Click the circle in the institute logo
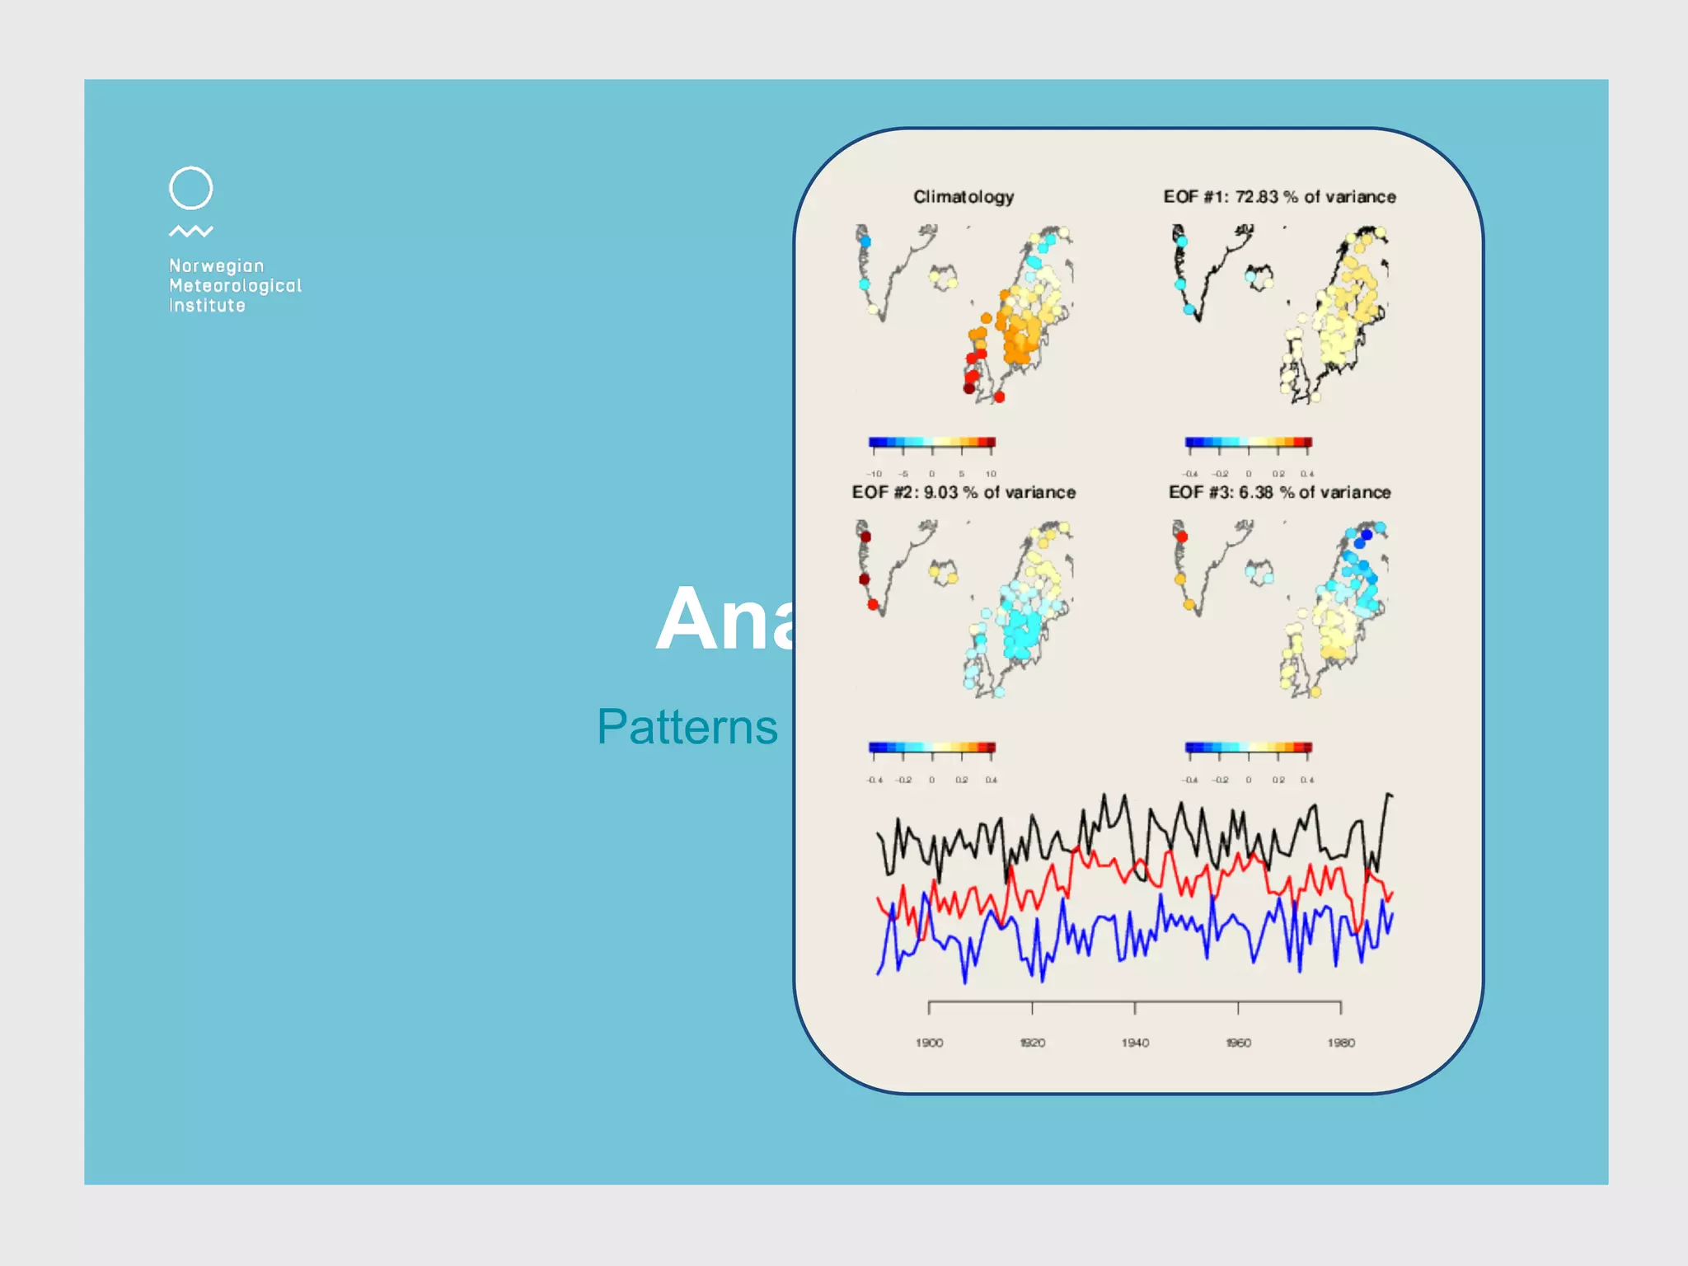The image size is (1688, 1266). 190,188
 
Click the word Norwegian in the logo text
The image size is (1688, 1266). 216,265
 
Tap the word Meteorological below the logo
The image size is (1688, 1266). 235,285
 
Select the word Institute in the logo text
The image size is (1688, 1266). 207,305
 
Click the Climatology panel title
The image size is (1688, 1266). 964,197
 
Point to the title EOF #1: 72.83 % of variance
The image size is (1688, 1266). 1279,197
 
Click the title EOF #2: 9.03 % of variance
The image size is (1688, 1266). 964,492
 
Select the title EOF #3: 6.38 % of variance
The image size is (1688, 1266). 1279,492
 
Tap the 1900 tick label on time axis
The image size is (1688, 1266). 929,1043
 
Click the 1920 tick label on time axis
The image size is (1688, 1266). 1032,1043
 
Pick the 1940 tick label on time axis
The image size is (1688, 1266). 1135,1043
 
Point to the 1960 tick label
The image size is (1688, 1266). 1238,1043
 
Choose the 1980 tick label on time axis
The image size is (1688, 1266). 1341,1043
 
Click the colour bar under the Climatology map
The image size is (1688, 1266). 932,443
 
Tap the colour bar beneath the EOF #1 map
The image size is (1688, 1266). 1248,443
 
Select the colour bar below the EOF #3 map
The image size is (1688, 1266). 1248,748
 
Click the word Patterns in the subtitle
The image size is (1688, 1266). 687,727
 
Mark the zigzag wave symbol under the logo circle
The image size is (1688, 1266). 190,232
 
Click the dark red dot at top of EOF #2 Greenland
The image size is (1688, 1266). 865,537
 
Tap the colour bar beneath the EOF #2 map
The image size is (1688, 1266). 932,748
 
